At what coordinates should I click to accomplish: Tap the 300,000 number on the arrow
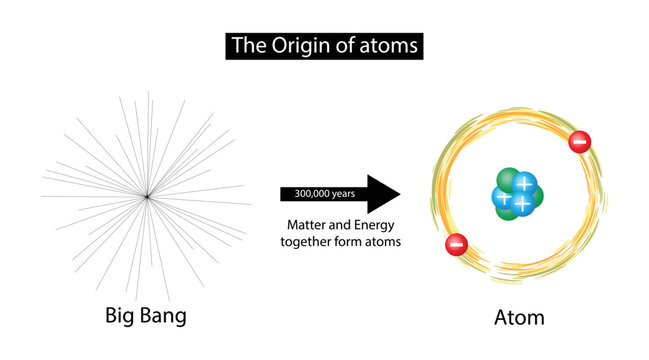(x=304, y=194)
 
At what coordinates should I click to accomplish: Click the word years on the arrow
(x=341, y=194)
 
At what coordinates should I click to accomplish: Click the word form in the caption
(x=352, y=241)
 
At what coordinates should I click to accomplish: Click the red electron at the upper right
(x=579, y=142)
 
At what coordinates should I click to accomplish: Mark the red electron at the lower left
(x=455, y=242)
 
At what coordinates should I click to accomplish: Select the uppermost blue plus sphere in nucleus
(x=524, y=184)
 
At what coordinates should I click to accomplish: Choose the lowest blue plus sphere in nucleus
(x=522, y=203)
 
